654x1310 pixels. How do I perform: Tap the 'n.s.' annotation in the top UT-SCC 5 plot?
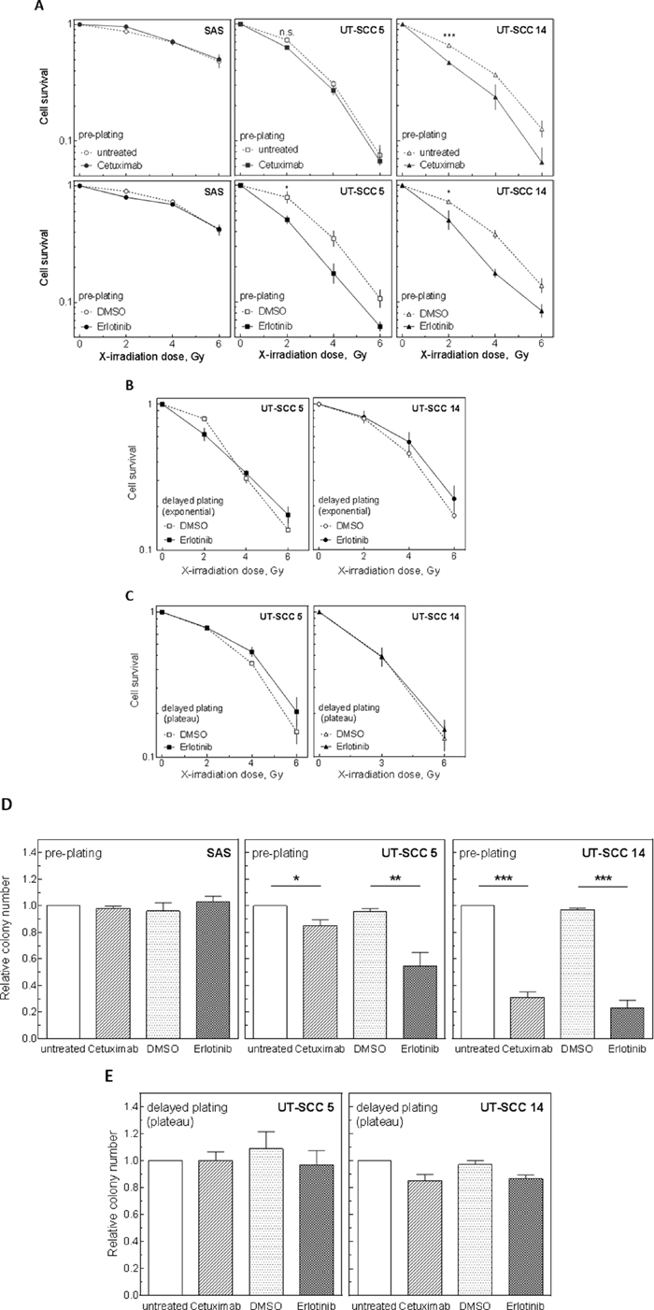tap(287, 33)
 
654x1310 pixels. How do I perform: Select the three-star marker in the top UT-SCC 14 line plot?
tap(449, 36)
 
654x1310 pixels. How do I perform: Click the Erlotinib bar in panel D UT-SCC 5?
tap(419, 1002)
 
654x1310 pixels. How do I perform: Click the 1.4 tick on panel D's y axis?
tap(29, 852)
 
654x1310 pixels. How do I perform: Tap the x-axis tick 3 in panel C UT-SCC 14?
tap(381, 763)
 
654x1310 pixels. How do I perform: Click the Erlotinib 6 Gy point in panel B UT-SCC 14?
tap(454, 499)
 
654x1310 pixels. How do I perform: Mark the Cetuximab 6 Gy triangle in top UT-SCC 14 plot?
tap(542, 162)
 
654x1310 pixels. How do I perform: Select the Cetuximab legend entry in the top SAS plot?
tap(112, 165)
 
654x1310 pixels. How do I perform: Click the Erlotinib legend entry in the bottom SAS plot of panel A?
tap(107, 326)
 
